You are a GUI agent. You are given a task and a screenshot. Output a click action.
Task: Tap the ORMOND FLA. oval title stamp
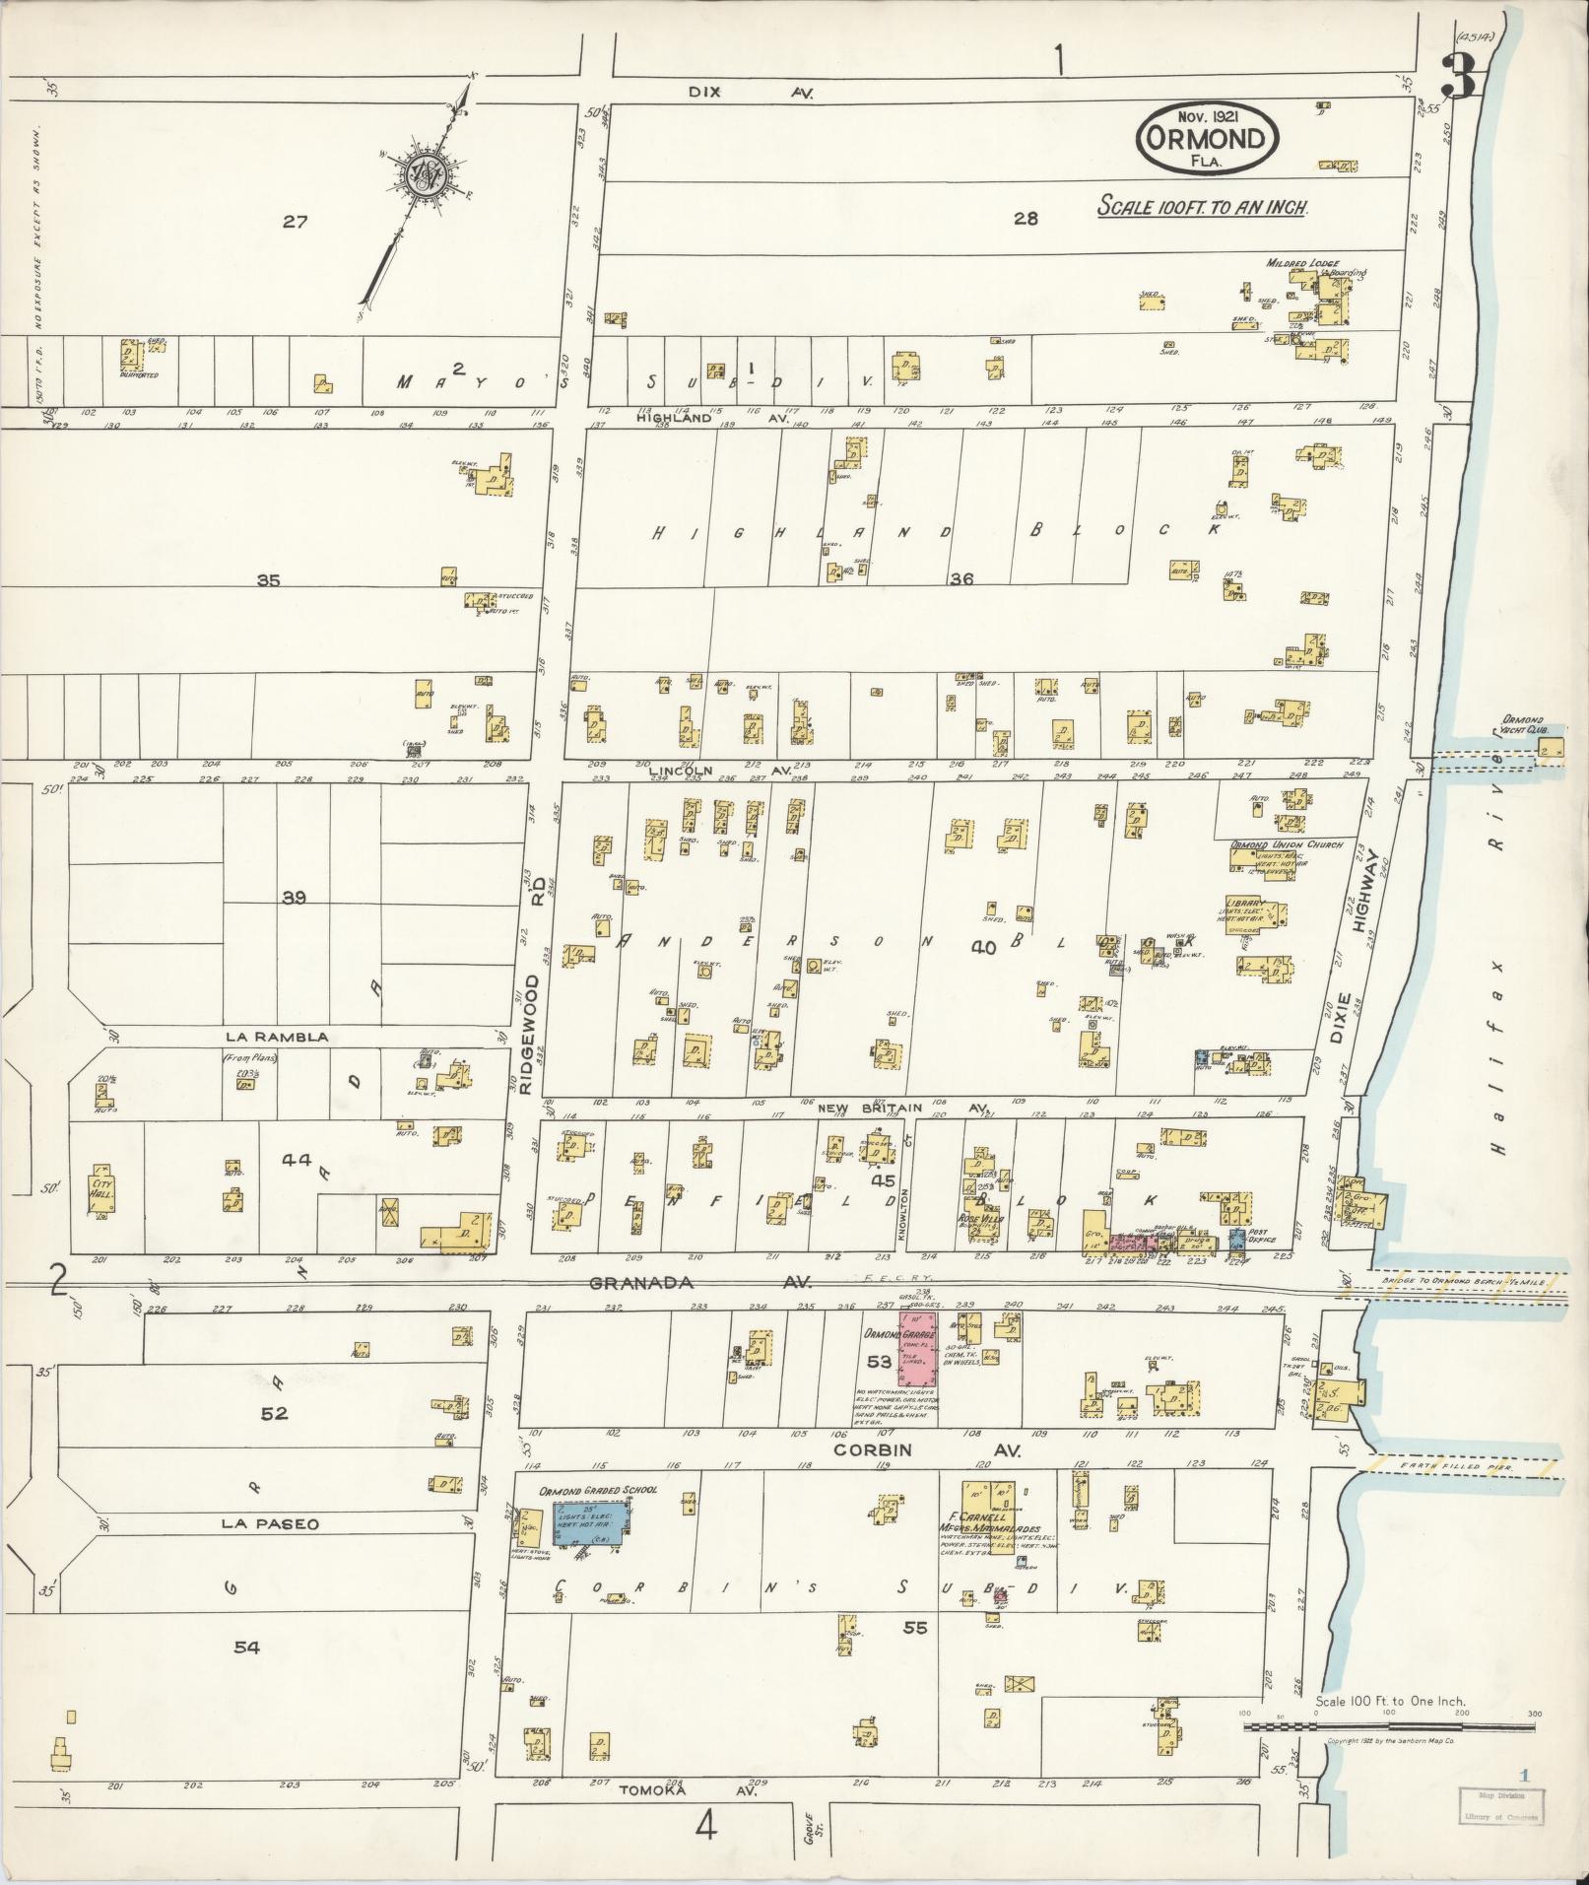pos(1208,139)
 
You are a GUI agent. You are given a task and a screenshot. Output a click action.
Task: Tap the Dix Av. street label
pos(750,92)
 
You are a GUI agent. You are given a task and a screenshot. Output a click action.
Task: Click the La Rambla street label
pos(276,1037)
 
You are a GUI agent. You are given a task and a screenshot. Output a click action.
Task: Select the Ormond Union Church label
pos(1286,844)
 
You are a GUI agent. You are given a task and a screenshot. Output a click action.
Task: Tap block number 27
pos(295,222)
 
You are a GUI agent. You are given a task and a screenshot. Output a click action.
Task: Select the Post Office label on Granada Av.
pos(1262,1237)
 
